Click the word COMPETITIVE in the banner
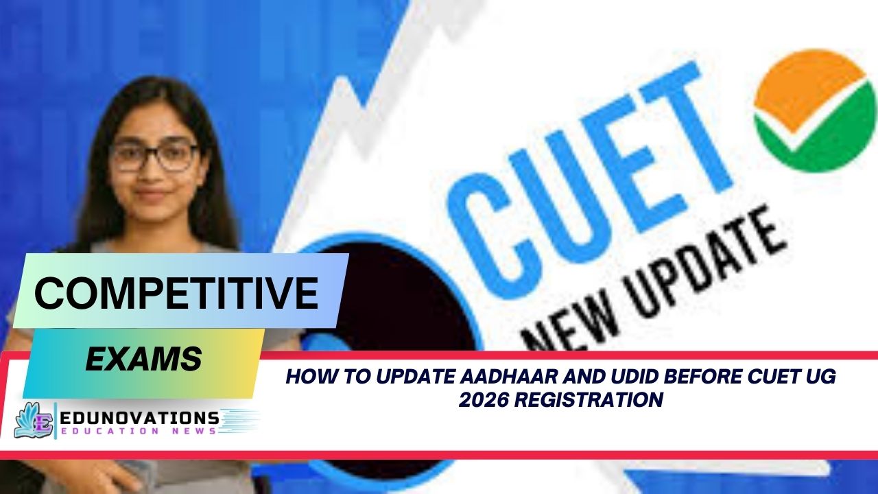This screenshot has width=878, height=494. tap(176, 294)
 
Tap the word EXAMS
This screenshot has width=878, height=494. tap(143, 359)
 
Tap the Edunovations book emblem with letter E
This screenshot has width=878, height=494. tap(34, 420)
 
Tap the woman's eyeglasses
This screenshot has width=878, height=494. tap(154, 156)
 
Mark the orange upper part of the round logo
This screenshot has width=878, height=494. tap(806, 86)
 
